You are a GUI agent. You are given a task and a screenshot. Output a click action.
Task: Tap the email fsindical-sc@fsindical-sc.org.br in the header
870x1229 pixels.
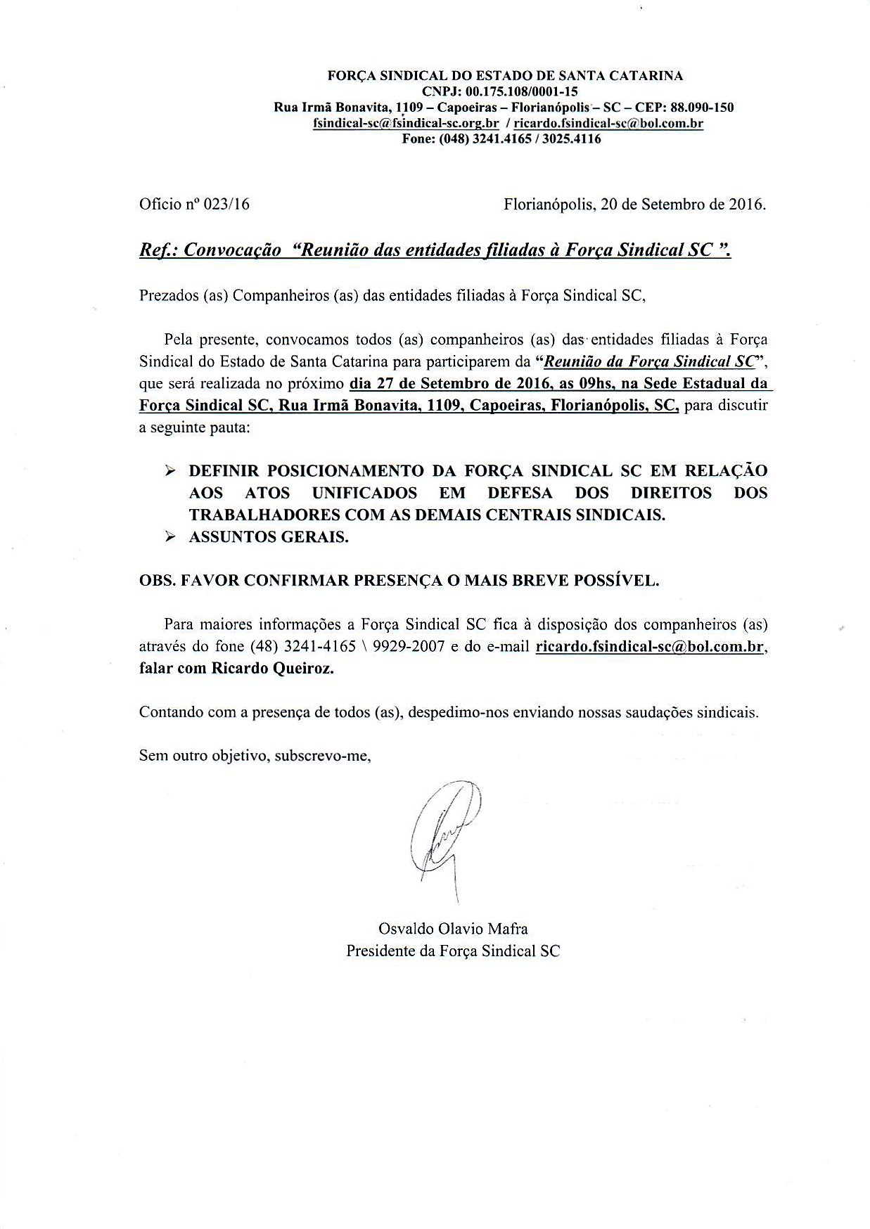click(406, 123)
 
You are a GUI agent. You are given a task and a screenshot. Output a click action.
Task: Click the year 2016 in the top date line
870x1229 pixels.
click(745, 205)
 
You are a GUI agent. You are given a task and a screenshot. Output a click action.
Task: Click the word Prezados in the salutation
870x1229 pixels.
click(168, 295)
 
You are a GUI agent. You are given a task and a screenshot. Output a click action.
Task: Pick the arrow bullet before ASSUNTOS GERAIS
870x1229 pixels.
click(169, 537)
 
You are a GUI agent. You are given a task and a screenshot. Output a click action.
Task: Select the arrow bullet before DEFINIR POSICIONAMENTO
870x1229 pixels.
click(169, 470)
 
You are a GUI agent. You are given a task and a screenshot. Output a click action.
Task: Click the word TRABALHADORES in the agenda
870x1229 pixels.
click(260, 514)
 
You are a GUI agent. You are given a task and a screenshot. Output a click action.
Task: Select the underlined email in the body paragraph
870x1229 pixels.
click(649, 646)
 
